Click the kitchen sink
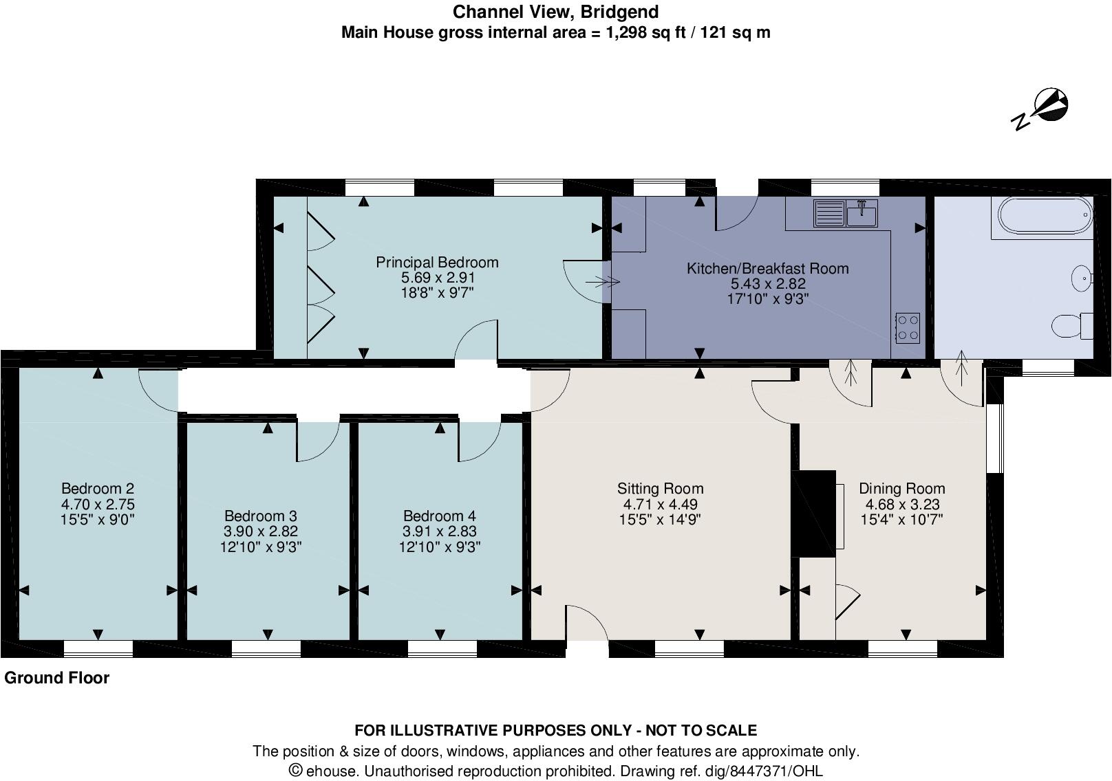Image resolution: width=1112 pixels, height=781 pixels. coord(844,213)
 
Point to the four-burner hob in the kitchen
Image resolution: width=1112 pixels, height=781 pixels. coord(908,328)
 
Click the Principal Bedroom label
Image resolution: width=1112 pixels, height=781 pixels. coord(437,262)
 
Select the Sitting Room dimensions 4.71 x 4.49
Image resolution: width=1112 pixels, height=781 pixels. coord(659,504)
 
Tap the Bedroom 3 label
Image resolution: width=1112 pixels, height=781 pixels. coord(260,516)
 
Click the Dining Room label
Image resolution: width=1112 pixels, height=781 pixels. coord(901,489)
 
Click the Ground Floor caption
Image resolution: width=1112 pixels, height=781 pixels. coord(57,678)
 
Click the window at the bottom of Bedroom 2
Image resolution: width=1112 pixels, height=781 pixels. coord(98,648)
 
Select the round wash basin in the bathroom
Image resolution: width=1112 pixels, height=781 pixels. coord(1082,278)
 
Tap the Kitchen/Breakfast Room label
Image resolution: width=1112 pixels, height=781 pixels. coord(767,269)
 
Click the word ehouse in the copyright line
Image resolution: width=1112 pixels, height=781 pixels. coord(332,771)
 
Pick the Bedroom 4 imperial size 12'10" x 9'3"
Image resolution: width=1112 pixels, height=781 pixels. coord(439,547)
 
